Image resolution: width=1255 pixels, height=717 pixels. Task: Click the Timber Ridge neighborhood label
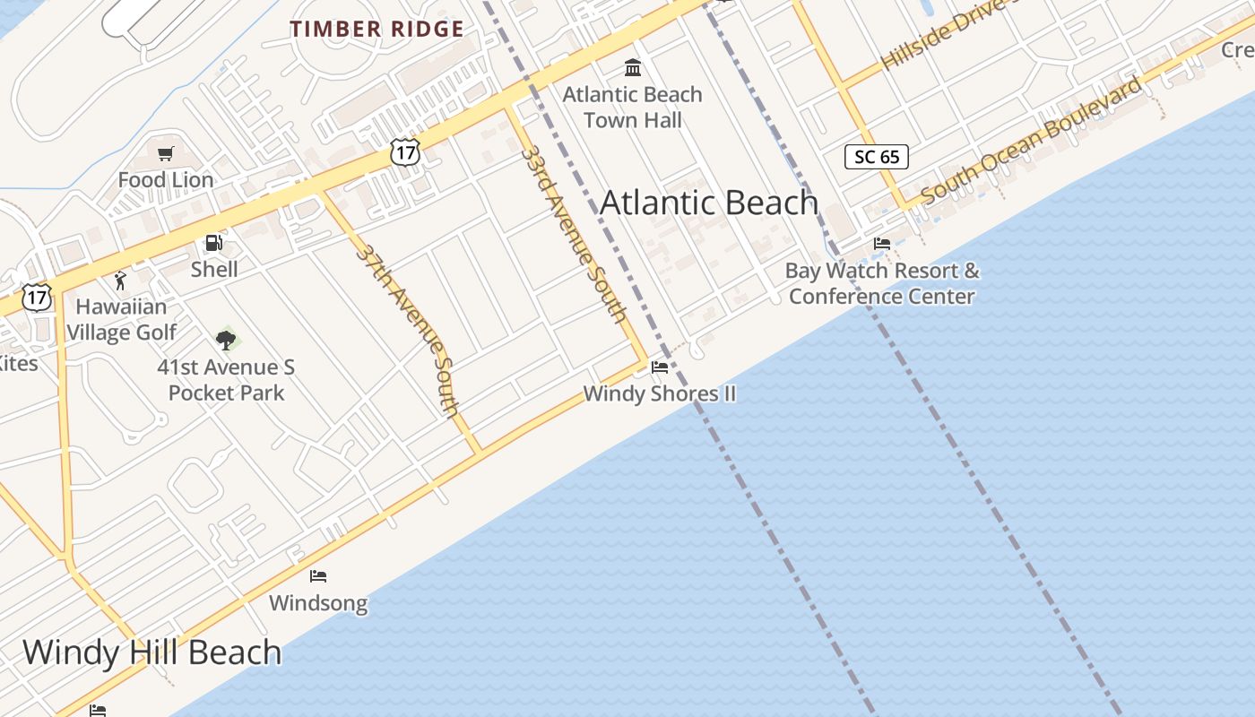pos(376,29)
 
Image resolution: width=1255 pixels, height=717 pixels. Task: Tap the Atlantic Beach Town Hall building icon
pos(633,67)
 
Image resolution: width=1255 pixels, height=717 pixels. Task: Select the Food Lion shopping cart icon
pos(165,154)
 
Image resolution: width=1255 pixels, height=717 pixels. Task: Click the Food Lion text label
pos(166,180)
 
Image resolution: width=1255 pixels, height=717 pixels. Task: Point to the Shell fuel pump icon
pos(213,243)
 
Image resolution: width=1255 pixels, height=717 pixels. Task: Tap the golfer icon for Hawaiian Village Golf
pos(120,281)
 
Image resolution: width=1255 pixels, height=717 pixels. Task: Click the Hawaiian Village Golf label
pos(121,319)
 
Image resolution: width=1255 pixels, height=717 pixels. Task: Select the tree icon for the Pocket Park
pos(226,340)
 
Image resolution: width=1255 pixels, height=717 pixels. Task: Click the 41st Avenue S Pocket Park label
pos(226,380)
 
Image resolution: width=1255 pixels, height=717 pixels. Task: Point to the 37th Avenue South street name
pos(409,330)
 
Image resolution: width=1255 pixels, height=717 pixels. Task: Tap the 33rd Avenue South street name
pos(574,233)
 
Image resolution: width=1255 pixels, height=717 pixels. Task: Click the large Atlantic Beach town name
pos(708,203)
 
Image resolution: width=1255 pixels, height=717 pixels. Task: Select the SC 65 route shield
pos(877,157)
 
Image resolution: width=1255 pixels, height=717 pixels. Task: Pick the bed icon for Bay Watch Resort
pos(882,243)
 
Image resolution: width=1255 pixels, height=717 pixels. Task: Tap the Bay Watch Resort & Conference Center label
pos(883,283)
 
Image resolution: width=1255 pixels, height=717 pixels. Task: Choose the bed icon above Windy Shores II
pos(660,367)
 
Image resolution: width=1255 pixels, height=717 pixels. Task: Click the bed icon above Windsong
pos(318,575)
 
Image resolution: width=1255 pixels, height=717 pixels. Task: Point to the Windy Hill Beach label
pos(152,652)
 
